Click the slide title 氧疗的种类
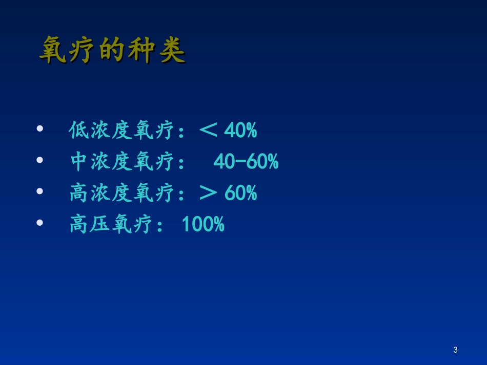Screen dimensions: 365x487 point(112,50)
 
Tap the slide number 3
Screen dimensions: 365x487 point(455,350)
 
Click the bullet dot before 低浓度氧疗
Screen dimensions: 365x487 point(40,130)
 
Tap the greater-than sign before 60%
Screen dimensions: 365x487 point(208,194)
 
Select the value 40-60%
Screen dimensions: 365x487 point(246,162)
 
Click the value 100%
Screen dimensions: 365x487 point(204,225)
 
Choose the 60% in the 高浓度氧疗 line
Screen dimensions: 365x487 point(240,194)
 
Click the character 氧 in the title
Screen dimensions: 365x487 point(53,50)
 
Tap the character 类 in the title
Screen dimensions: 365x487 point(172,50)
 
